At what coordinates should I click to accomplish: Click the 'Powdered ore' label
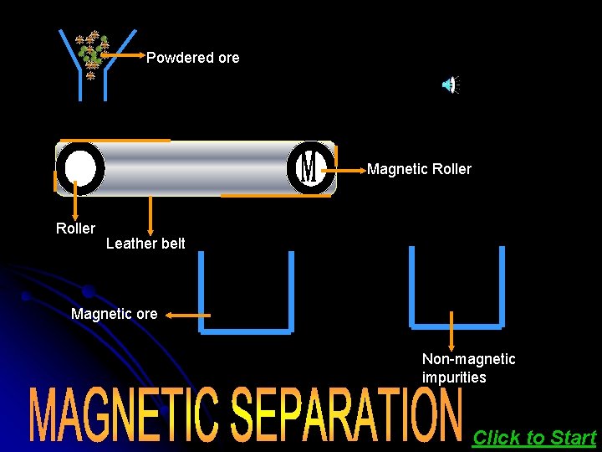(x=192, y=58)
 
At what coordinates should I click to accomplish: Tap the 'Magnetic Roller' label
(x=419, y=169)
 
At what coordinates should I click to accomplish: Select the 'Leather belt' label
(x=145, y=244)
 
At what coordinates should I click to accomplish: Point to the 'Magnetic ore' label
(x=114, y=314)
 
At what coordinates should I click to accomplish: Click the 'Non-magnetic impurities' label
(x=468, y=368)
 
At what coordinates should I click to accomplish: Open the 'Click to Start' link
(x=533, y=437)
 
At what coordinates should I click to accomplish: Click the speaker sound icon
(x=450, y=84)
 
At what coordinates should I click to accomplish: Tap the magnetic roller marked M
(x=309, y=167)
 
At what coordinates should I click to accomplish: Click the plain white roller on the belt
(x=80, y=168)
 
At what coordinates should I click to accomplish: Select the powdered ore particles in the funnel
(x=92, y=52)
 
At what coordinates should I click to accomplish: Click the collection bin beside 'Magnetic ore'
(x=246, y=293)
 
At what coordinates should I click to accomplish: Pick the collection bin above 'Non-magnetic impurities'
(x=457, y=289)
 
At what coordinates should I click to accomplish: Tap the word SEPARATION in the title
(x=345, y=414)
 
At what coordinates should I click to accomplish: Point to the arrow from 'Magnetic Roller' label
(x=344, y=169)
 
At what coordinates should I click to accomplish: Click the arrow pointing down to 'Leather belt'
(x=150, y=214)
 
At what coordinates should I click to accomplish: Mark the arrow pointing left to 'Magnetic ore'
(x=186, y=315)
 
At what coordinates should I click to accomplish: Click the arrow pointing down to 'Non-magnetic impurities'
(x=451, y=331)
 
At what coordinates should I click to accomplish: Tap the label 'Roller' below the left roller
(x=75, y=229)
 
